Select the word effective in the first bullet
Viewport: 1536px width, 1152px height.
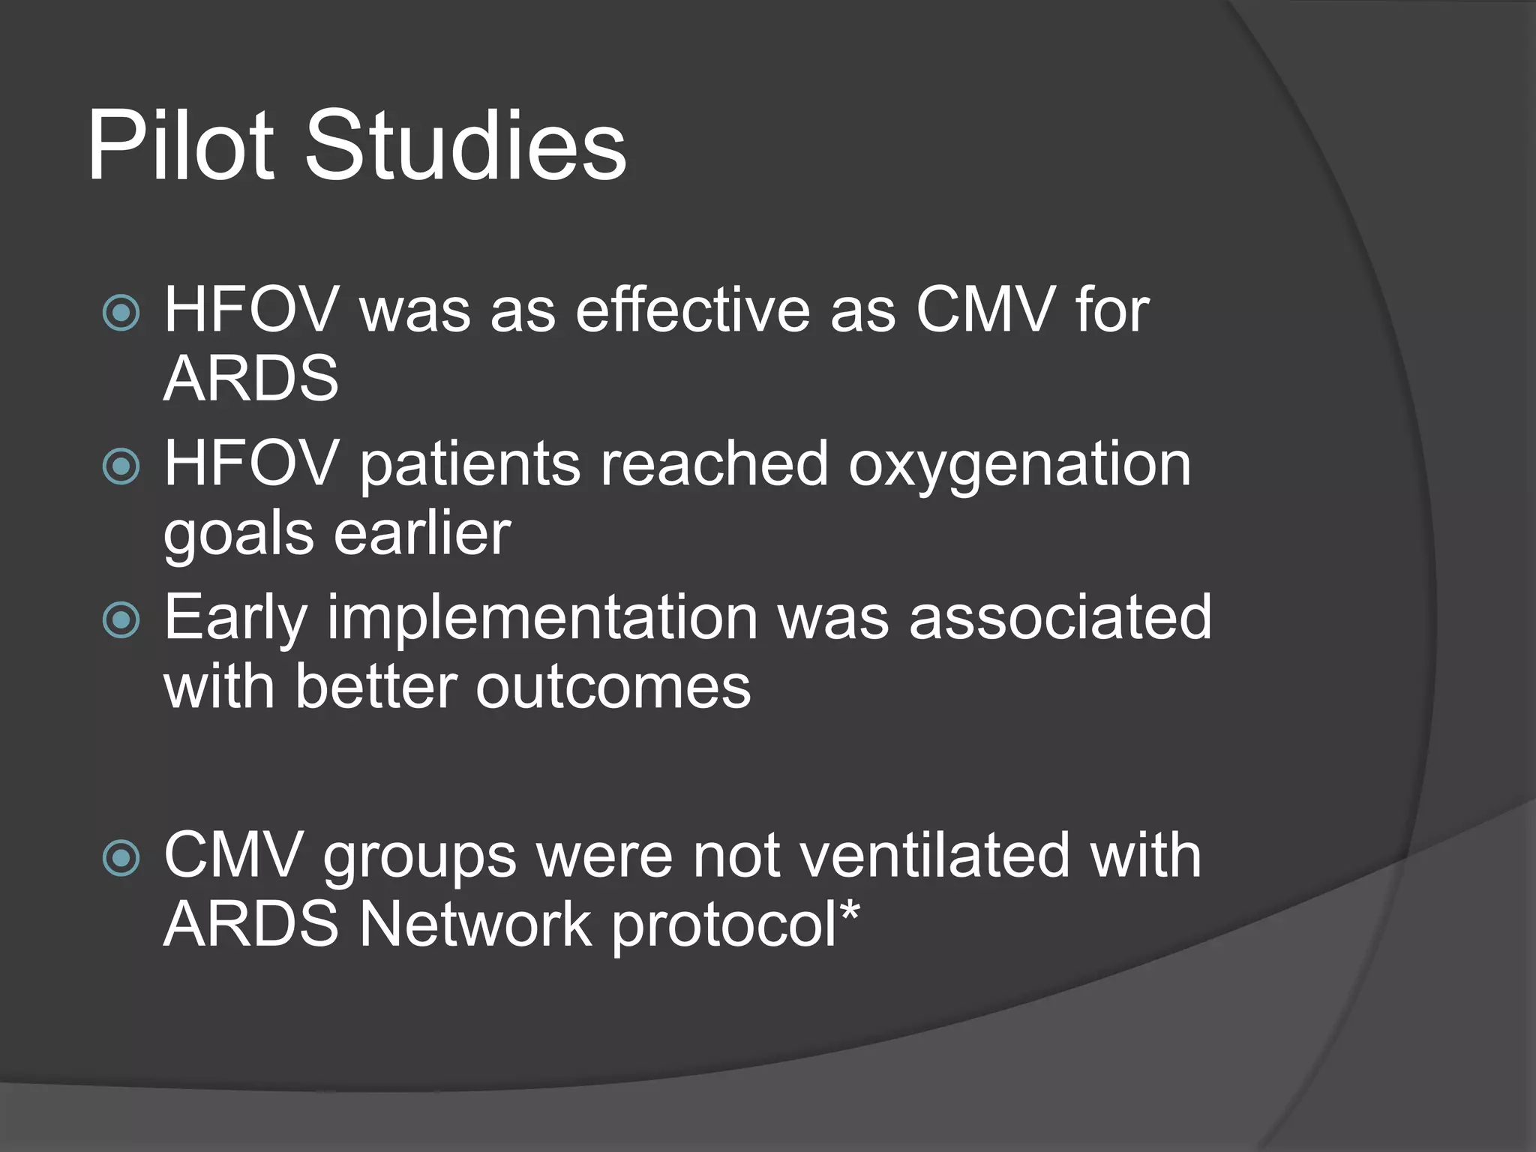click(x=693, y=310)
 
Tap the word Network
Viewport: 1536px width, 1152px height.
click(x=475, y=924)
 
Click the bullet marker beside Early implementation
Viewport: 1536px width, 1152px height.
click(x=121, y=619)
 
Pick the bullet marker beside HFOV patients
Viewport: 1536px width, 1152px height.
click(x=121, y=466)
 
